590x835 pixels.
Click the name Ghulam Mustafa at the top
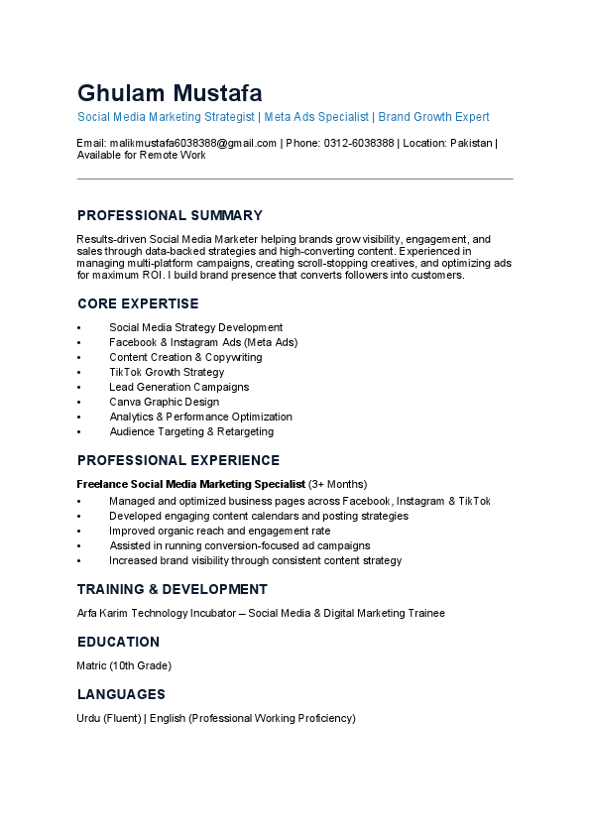tap(170, 94)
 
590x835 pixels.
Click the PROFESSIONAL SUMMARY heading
tap(170, 215)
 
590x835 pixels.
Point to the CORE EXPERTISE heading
tap(138, 303)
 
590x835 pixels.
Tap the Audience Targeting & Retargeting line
tap(191, 431)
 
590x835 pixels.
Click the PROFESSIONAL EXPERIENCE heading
tap(178, 460)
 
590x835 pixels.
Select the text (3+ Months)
tap(337, 484)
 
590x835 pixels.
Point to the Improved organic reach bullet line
tap(219, 531)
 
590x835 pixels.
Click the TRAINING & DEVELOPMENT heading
tap(172, 589)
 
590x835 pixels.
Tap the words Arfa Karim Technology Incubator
tap(159, 613)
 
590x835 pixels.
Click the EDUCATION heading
tap(118, 642)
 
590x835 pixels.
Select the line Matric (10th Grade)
tap(124, 665)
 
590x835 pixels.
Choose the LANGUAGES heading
tap(121, 694)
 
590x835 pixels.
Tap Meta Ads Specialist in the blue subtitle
tap(316, 117)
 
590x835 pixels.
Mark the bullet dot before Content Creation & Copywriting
tap(79, 357)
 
